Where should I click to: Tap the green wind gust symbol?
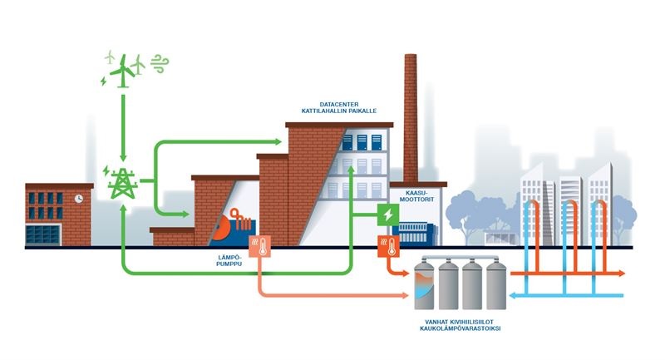tap(157, 64)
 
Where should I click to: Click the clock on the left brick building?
tap(78, 200)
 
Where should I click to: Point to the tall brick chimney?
tap(410, 116)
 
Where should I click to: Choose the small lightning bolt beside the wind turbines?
tap(103, 81)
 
